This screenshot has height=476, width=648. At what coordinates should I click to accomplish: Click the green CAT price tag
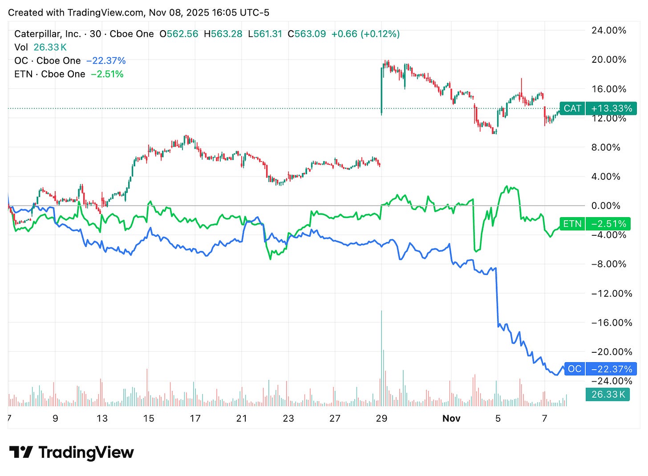pos(572,109)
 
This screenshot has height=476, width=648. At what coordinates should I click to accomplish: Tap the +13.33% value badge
pos(611,109)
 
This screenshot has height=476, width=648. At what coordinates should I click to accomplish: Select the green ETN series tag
pos(572,224)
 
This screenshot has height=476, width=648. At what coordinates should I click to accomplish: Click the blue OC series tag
pos(574,369)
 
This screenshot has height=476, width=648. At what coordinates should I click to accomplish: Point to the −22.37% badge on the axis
pos(611,369)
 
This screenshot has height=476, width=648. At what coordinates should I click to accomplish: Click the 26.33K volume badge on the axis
pos(608,394)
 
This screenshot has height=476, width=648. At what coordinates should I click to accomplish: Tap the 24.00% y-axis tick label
pos(608,31)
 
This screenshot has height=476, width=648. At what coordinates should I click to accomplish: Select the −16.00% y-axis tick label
pos(612,323)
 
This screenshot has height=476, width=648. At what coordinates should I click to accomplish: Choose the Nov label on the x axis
pos(451,418)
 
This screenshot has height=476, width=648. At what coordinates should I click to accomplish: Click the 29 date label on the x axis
pos(381,418)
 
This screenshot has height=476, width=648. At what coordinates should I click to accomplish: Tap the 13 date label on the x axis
pos(102,418)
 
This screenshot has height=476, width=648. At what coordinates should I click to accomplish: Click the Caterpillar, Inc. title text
pos(48,34)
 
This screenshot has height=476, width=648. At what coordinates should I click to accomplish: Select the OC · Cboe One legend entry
pos(48,61)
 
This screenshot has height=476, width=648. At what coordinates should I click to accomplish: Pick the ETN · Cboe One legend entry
pos(50,74)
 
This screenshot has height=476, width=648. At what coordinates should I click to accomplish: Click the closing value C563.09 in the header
pos(307,34)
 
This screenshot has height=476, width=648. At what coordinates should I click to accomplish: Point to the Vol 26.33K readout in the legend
pos(40,47)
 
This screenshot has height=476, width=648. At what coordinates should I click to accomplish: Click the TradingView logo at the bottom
pos(71,452)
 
